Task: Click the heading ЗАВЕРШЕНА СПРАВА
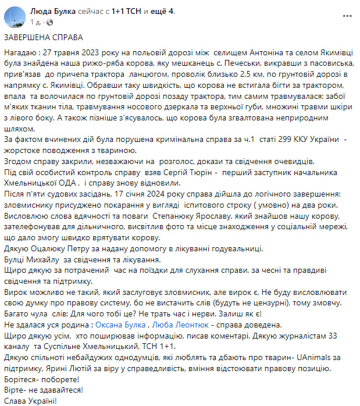[44, 37]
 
